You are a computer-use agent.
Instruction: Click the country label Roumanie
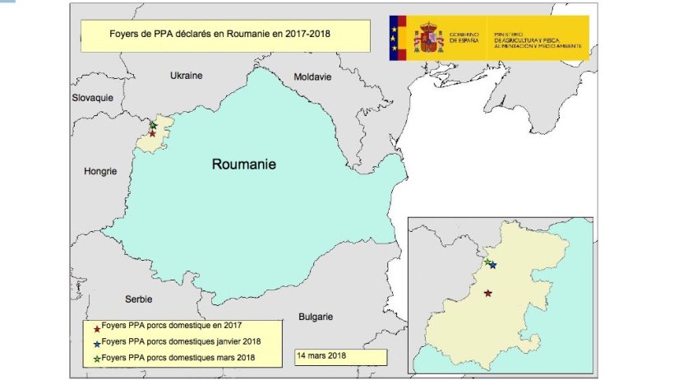(243, 164)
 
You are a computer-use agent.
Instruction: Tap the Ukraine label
(185, 75)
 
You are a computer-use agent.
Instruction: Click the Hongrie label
(100, 171)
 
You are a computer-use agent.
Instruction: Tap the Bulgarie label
(315, 316)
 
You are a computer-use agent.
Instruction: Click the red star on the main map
(152, 132)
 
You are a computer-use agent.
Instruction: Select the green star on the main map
(153, 125)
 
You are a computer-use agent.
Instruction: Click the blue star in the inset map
(492, 265)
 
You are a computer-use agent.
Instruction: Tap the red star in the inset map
(488, 293)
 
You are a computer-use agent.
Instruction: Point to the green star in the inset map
(487, 262)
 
